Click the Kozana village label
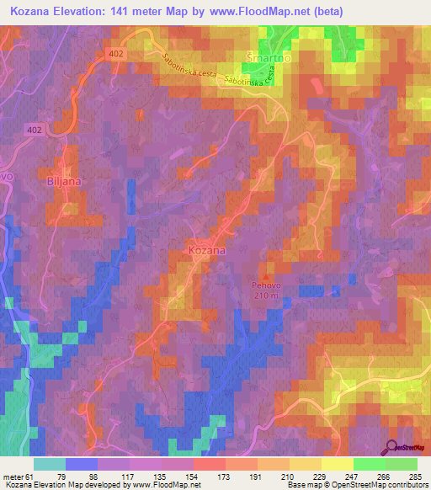[x=206, y=252]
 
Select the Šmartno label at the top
[x=261, y=57]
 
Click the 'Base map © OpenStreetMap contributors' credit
[x=356, y=486]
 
